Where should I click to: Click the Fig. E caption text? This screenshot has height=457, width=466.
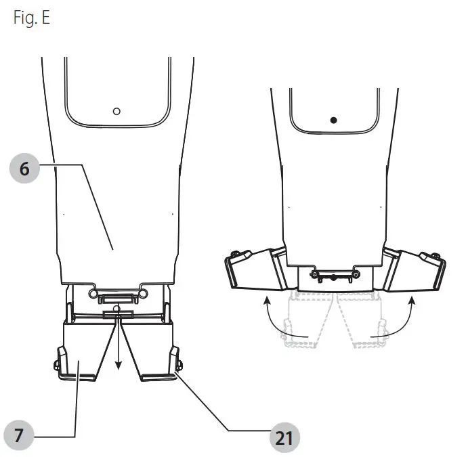click(32, 18)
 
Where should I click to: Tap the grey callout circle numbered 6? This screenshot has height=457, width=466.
click(24, 169)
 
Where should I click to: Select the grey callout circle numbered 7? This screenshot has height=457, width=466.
click(19, 435)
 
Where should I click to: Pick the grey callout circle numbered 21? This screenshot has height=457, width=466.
click(284, 437)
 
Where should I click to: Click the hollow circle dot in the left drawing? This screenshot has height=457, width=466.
click(116, 112)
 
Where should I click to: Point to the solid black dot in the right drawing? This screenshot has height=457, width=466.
click(334, 121)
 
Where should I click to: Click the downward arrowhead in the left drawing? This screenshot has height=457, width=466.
click(119, 365)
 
